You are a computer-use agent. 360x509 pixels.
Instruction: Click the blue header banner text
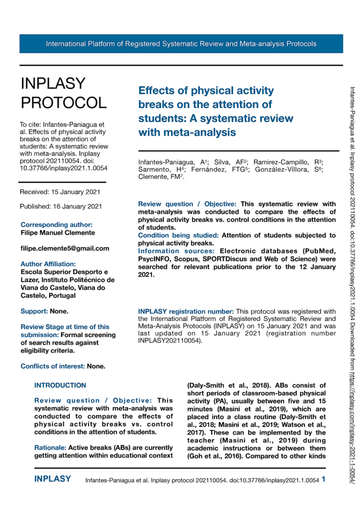181,44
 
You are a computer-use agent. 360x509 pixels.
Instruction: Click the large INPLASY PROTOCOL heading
63,93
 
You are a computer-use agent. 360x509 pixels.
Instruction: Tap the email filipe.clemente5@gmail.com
65,248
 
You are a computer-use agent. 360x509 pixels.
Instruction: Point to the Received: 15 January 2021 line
60,192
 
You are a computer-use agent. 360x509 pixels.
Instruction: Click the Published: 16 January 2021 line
61,206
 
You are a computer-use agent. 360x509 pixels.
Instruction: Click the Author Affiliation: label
48,264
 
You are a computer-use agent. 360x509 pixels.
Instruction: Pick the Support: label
34,312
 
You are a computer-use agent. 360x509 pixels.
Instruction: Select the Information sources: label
178,251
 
